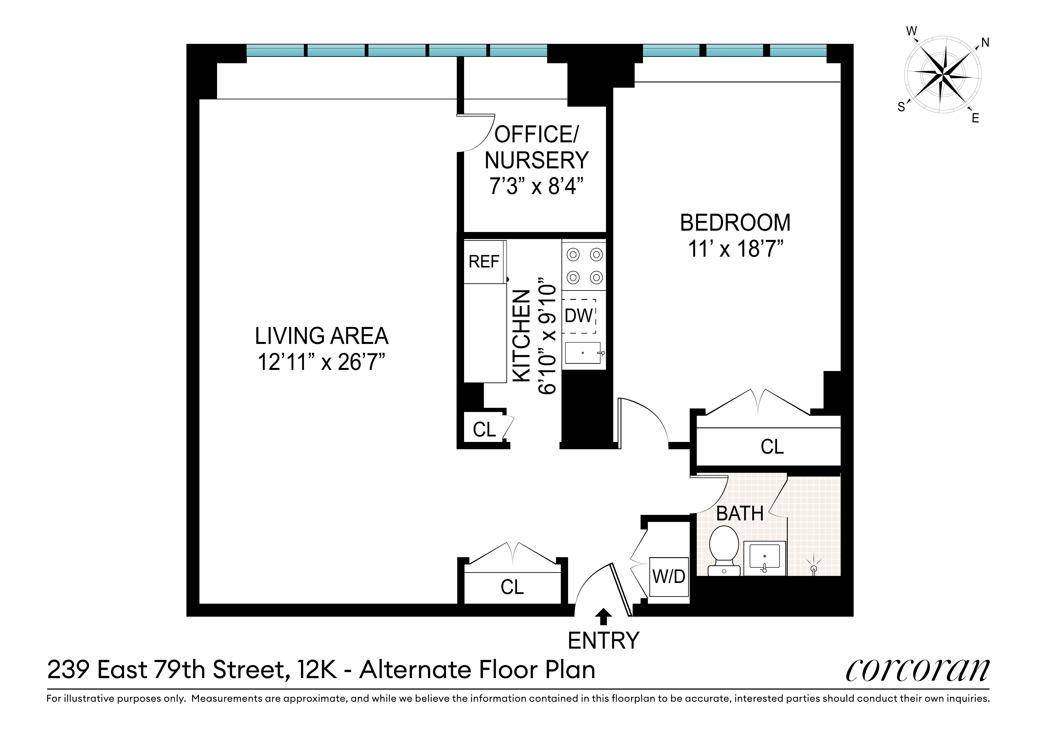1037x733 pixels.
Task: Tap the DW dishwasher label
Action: click(579, 316)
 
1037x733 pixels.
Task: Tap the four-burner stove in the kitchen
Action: click(584, 265)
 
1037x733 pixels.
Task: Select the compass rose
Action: click(943, 74)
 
